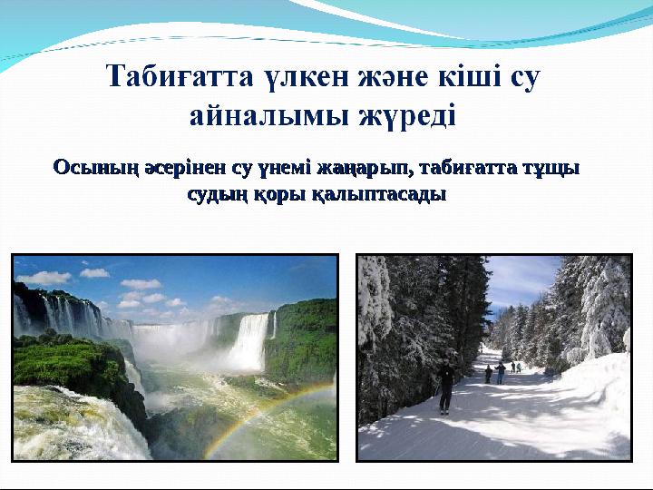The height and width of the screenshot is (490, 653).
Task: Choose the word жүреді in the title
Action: [x=406, y=116]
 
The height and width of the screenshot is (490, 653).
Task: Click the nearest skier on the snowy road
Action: [x=445, y=386]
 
